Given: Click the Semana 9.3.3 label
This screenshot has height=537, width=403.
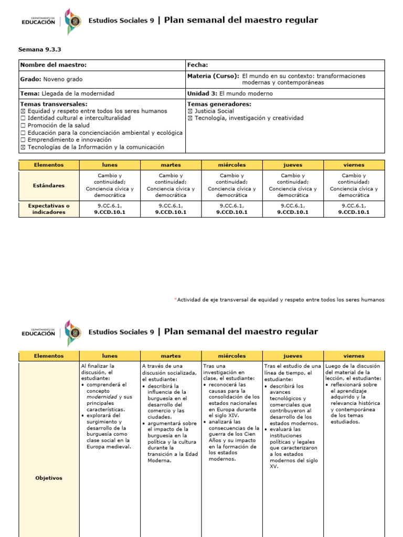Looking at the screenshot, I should [x=40, y=49].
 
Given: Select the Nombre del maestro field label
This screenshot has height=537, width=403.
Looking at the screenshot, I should [x=53, y=65].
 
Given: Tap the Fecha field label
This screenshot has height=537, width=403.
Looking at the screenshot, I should [x=197, y=65].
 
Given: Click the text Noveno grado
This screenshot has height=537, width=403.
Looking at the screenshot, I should [x=62, y=79].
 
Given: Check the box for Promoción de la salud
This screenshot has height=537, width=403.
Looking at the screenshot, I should [x=23, y=126].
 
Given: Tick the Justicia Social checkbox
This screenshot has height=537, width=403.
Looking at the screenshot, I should [x=190, y=111].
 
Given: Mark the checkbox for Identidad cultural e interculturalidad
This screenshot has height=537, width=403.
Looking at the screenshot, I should [x=23, y=119].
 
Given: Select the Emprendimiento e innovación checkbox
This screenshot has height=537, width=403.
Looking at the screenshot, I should [x=23, y=140].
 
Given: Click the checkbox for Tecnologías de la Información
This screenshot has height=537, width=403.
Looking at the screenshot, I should [x=23, y=147].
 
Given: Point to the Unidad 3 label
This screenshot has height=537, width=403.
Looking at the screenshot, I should [x=202, y=93].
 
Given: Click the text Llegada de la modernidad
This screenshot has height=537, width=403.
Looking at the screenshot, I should [x=78, y=93].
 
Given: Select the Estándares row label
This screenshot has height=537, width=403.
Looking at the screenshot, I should [x=49, y=185].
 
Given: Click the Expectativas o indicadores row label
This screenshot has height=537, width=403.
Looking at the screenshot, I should [x=49, y=209].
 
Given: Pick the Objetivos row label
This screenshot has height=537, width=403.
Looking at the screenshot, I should [x=49, y=478].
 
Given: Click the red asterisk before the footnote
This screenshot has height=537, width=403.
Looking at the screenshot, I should [x=175, y=299].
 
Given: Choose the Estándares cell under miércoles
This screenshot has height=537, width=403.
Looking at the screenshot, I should [x=231, y=185].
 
